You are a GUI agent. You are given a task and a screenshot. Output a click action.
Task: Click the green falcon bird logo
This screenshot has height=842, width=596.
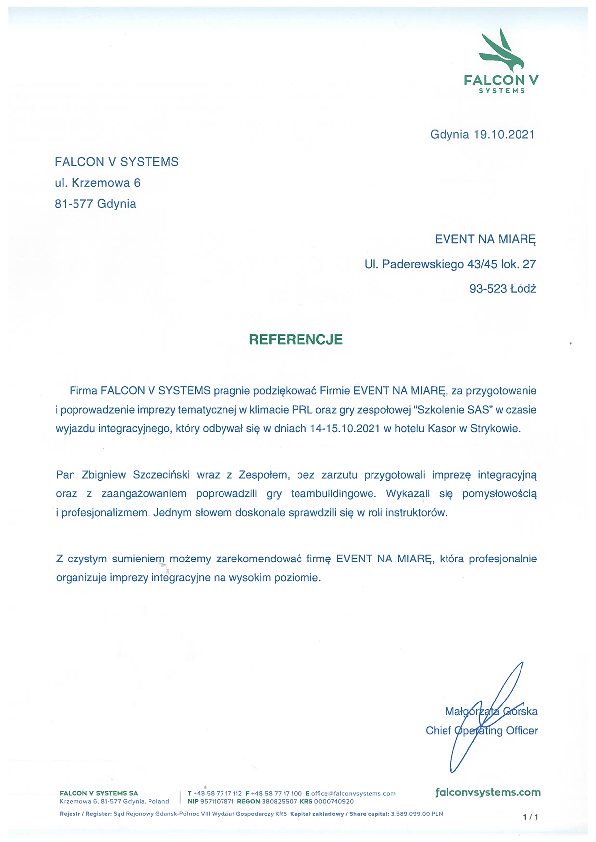(502, 51)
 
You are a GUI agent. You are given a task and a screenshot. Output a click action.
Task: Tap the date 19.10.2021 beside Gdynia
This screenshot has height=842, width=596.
(504, 134)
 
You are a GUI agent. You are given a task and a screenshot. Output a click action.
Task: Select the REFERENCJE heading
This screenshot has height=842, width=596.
(296, 340)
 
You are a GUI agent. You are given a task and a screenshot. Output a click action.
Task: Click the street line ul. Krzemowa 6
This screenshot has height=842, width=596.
(97, 183)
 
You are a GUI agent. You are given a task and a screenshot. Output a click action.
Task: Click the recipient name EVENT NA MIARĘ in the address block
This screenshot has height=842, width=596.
(485, 239)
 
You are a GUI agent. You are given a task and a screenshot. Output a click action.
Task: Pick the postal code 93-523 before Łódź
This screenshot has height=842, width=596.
(488, 288)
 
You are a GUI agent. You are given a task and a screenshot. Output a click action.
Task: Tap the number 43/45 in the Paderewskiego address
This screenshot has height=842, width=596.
(482, 264)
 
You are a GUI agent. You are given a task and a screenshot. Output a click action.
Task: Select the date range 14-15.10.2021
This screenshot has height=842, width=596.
(345, 429)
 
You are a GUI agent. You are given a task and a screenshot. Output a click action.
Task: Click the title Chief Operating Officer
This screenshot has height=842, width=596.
(482, 731)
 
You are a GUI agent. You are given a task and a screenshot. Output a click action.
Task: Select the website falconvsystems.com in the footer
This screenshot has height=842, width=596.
(488, 792)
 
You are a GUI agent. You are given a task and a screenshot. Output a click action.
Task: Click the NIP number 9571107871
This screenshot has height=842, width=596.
(217, 801)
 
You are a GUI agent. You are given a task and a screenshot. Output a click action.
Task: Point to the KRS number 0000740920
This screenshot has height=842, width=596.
(334, 801)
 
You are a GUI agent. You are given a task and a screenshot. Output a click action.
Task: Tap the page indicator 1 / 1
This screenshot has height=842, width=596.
(530, 817)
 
